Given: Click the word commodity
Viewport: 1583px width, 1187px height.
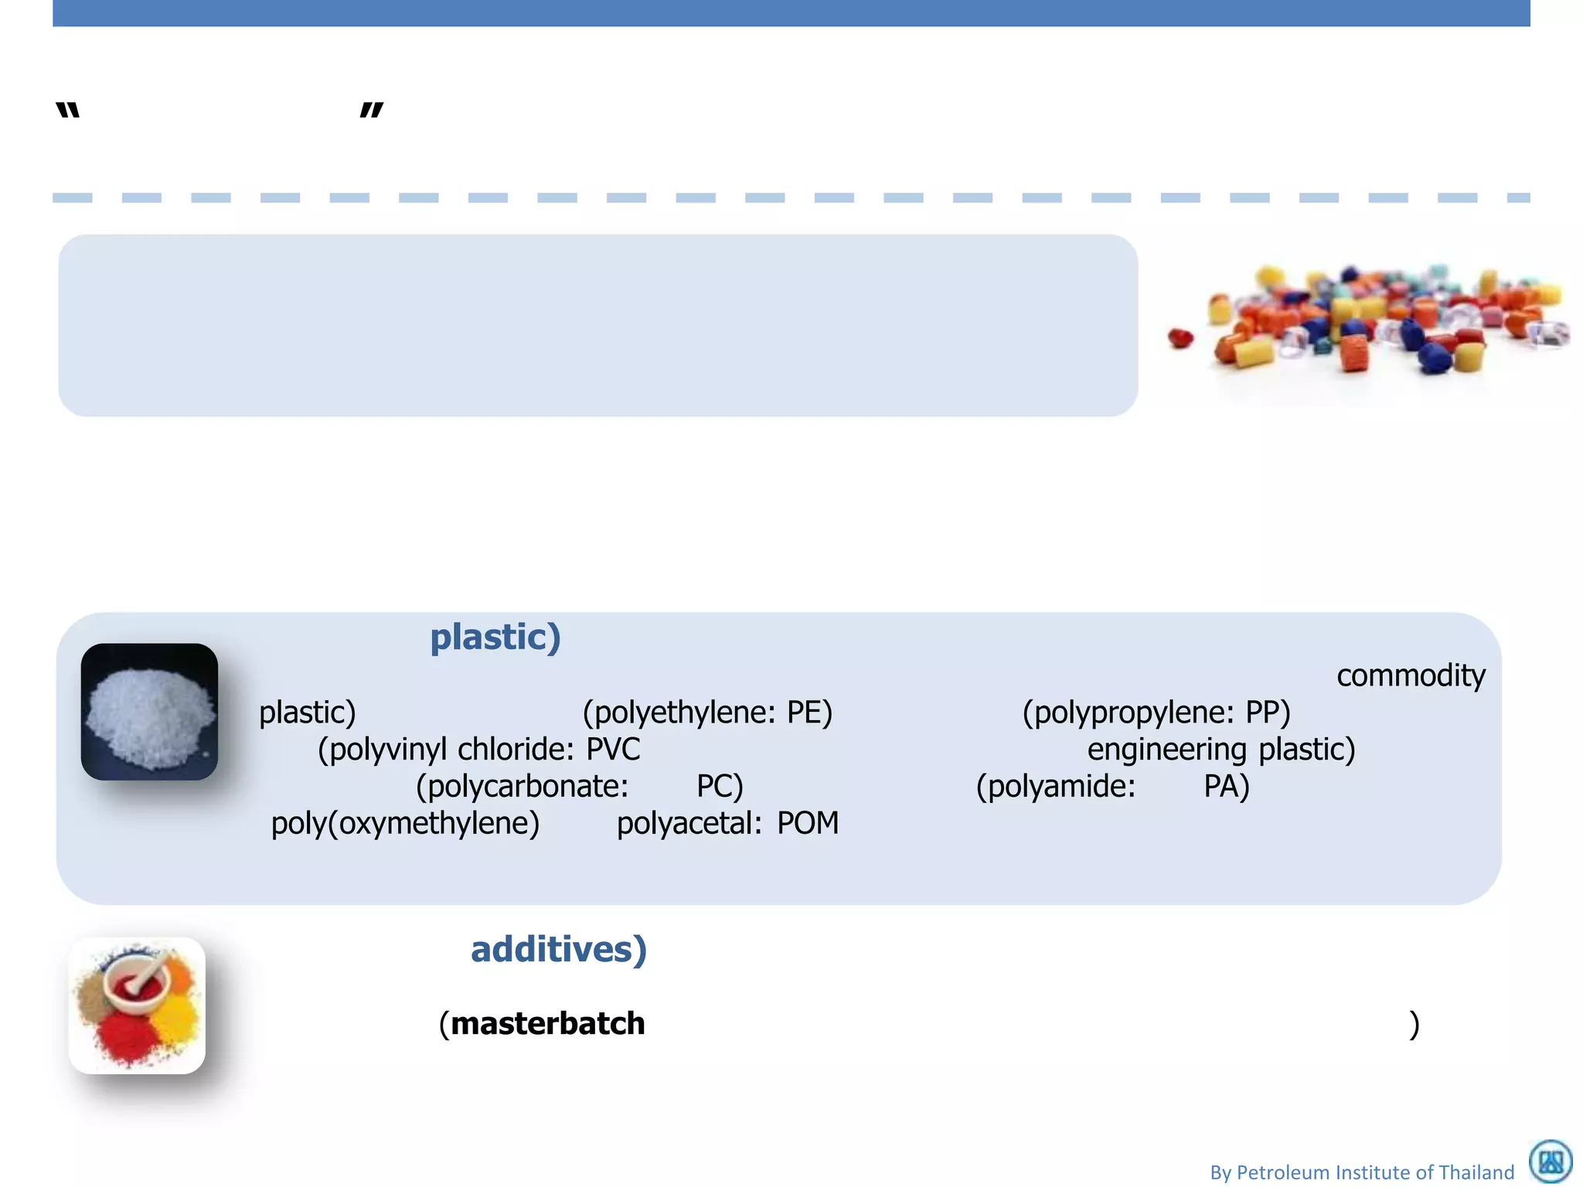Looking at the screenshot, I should coord(1411,676).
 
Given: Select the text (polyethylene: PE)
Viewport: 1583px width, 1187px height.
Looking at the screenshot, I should coord(707,713).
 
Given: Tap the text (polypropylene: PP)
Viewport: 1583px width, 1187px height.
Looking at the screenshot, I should coord(1156,713).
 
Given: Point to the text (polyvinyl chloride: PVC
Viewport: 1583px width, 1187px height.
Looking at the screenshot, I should coord(479,750).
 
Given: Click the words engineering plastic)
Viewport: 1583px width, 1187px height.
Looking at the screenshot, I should coord(1221,750).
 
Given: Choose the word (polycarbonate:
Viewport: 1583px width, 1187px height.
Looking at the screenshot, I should coord(523,787).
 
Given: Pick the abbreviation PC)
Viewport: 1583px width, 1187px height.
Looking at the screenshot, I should coord(720,787).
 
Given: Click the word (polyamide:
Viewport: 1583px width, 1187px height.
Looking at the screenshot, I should coord(1056,787).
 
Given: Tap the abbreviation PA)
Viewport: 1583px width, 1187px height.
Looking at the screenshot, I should coord(1227,787).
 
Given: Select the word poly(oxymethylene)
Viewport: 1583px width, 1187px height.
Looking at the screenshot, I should coord(405,824).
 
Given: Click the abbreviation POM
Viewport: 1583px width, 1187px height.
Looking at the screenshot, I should coord(808,824).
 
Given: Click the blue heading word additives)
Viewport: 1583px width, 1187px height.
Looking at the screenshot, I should coord(559,950).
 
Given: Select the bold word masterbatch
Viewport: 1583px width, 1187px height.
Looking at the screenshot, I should coord(548,1024).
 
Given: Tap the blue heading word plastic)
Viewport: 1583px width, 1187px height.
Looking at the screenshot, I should coord(495,638).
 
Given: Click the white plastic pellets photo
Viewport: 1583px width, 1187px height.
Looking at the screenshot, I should coord(149,712).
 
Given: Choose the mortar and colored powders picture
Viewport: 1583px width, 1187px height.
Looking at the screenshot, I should coord(138,1005).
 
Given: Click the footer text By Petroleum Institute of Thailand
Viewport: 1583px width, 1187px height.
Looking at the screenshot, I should coord(1362,1172).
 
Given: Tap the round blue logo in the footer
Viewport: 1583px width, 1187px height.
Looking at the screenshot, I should coord(1551,1161).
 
